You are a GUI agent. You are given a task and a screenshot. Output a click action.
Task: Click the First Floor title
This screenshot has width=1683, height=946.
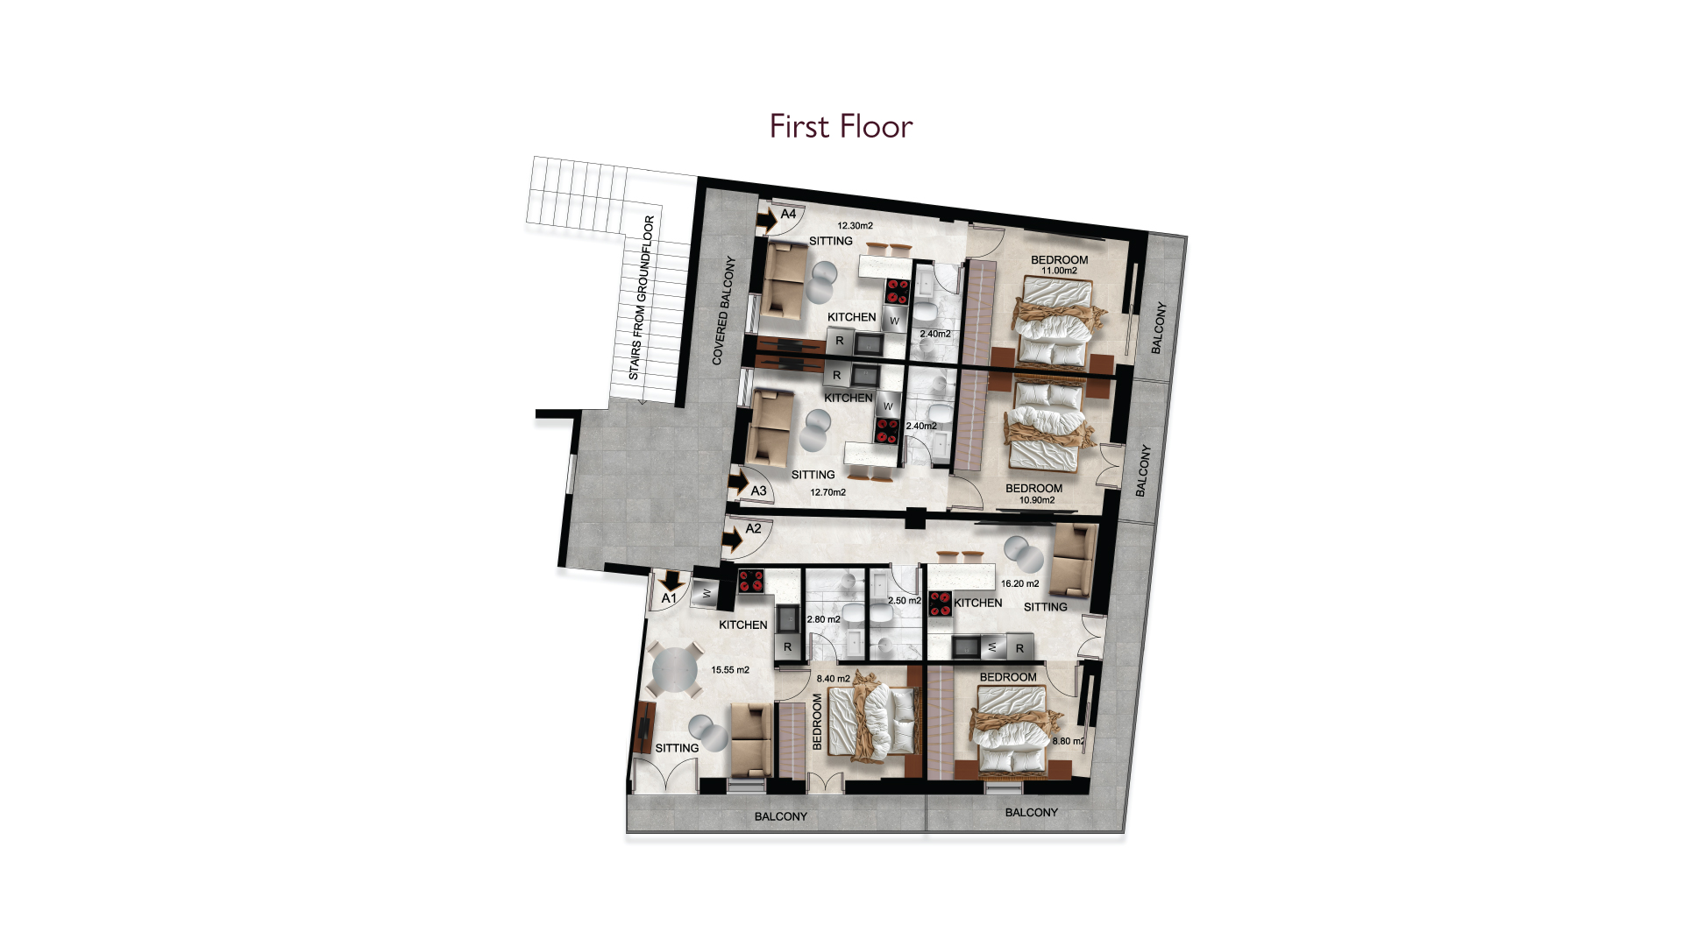click(841, 127)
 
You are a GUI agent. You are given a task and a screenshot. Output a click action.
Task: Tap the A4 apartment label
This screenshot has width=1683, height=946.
click(788, 214)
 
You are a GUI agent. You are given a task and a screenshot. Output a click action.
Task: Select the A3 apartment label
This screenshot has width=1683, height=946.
click(758, 491)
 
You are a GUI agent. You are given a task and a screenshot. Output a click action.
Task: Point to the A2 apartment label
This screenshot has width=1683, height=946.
click(753, 528)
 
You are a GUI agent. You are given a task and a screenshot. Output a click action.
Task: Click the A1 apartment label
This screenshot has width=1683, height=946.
click(669, 598)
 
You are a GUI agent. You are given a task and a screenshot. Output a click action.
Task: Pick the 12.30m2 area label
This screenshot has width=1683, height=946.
click(855, 226)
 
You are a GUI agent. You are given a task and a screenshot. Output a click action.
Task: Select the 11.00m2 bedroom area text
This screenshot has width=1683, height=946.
click(1059, 271)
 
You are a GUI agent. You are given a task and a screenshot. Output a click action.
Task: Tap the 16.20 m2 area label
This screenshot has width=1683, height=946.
click(1019, 583)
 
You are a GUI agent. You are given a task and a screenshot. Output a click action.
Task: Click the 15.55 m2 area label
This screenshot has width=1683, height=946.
click(730, 670)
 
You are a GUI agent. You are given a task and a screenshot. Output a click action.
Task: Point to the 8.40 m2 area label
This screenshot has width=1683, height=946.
click(833, 679)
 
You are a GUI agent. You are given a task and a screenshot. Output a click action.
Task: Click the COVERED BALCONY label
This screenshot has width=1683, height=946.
click(723, 311)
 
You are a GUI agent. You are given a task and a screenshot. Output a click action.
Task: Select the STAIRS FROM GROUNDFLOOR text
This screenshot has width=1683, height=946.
click(642, 298)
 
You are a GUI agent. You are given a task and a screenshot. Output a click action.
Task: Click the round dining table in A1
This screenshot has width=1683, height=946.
click(674, 671)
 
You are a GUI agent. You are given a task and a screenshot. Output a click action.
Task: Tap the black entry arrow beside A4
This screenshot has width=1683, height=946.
click(767, 221)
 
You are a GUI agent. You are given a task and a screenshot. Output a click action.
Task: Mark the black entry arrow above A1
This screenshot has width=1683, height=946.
click(672, 580)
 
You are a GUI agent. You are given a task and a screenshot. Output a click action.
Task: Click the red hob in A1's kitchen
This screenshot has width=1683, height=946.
click(751, 581)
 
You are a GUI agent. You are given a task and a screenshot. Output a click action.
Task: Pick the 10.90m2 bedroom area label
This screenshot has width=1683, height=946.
click(1037, 500)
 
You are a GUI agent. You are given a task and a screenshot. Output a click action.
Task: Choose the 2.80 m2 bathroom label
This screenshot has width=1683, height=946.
click(823, 619)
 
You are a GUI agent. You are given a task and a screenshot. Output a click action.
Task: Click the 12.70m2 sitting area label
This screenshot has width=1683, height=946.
click(827, 492)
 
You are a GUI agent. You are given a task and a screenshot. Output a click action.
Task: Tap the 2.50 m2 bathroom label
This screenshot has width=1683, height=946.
click(905, 601)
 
